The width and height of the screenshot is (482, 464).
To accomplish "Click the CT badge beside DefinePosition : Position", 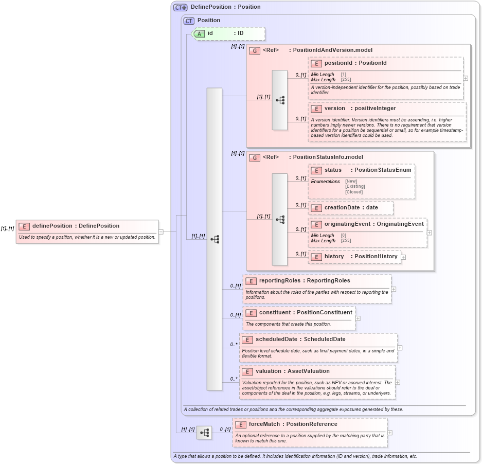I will (180, 7).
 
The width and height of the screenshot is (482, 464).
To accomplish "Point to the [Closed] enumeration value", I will (354, 192).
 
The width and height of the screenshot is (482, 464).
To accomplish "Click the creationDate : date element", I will (351, 208).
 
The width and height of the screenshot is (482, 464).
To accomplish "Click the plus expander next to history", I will (403, 257).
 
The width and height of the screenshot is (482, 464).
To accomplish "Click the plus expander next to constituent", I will (358, 318).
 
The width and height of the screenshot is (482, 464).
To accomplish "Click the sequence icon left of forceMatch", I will (204, 433).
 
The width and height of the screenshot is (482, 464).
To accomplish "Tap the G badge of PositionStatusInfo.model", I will (254, 157).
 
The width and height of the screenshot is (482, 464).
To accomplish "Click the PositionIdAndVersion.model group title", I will (332, 50).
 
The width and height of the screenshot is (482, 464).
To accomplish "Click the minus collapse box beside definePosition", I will (161, 231).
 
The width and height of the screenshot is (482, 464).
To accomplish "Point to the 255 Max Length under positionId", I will (344, 80).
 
